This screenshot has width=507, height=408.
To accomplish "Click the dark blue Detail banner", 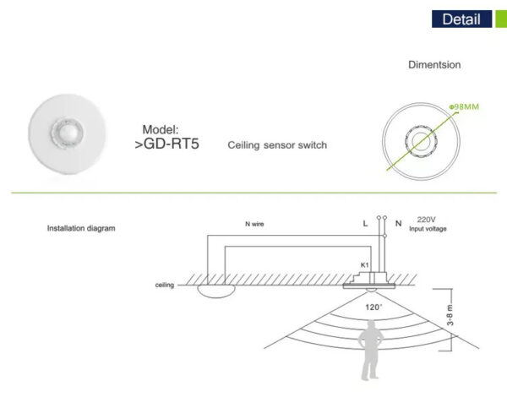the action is (x=461, y=19).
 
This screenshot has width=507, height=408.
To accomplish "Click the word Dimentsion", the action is (x=434, y=65).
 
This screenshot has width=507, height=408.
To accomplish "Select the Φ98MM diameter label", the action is (x=464, y=106).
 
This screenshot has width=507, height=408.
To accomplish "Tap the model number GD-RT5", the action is (x=166, y=144).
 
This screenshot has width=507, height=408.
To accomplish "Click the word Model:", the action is (x=161, y=129).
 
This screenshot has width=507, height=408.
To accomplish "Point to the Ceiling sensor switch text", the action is (x=277, y=145).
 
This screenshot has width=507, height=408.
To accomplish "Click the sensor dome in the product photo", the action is (x=67, y=133).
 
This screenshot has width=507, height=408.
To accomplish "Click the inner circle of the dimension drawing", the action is (x=420, y=141).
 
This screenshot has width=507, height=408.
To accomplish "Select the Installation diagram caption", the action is (x=81, y=228).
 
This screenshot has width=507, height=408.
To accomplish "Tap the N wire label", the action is (x=254, y=224).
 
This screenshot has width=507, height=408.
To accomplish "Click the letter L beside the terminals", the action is (x=365, y=223).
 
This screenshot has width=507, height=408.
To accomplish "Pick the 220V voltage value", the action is (x=426, y=220).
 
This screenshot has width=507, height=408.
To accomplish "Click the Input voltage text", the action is (x=428, y=229).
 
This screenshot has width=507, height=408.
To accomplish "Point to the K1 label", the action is (x=365, y=265).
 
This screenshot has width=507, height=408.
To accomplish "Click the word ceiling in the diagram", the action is (x=165, y=286).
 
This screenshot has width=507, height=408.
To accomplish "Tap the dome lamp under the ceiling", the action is (x=216, y=291).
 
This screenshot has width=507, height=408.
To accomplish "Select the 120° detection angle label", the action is (x=373, y=307).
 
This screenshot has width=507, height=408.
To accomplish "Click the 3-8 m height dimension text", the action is (x=450, y=315).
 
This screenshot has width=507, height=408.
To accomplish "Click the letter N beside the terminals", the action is (x=399, y=223).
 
